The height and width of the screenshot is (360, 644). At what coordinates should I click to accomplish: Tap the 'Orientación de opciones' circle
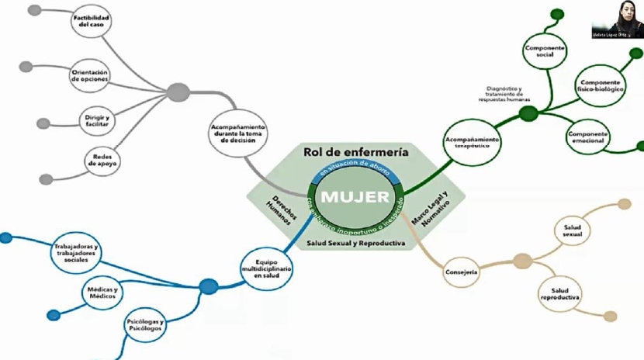click(90, 74)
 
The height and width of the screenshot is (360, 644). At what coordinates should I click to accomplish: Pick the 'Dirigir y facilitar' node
click(98, 119)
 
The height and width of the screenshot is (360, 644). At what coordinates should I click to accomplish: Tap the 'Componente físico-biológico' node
click(601, 85)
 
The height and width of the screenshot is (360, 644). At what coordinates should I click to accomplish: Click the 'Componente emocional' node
click(589, 137)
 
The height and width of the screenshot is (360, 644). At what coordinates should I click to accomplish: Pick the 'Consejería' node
click(462, 272)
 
